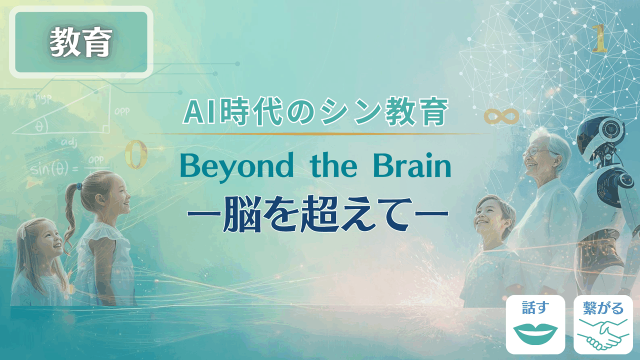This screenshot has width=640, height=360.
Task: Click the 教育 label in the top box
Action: coord(81,42)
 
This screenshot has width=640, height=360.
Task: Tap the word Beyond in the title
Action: coord(236,166)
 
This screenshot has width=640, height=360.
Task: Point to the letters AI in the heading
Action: coord(199,112)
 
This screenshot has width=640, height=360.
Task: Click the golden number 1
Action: coord(599,38)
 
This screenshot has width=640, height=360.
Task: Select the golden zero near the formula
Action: coord(135,154)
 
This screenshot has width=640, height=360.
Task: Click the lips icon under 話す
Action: coord(535,333)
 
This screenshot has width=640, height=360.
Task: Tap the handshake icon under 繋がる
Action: coord(603,334)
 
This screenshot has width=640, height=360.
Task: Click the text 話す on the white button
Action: coord(535,307)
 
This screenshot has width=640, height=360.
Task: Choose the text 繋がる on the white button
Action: coord(603,308)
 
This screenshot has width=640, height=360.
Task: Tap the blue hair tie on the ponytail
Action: coord(77,186)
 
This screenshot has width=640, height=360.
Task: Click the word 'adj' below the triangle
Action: coord(69,142)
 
